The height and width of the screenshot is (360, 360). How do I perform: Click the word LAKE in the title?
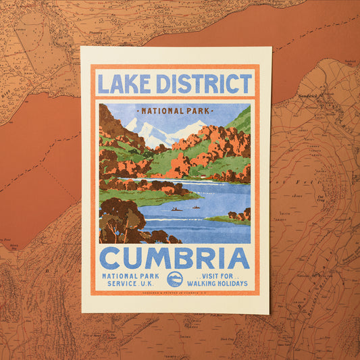(x=124, y=84)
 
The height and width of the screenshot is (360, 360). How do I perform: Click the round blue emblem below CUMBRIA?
(x=175, y=279)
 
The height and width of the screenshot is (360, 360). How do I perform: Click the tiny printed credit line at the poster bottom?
(x=175, y=292)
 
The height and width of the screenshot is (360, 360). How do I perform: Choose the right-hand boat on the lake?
(x=195, y=207)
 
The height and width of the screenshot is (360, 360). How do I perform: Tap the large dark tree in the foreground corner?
(x=122, y=220)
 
